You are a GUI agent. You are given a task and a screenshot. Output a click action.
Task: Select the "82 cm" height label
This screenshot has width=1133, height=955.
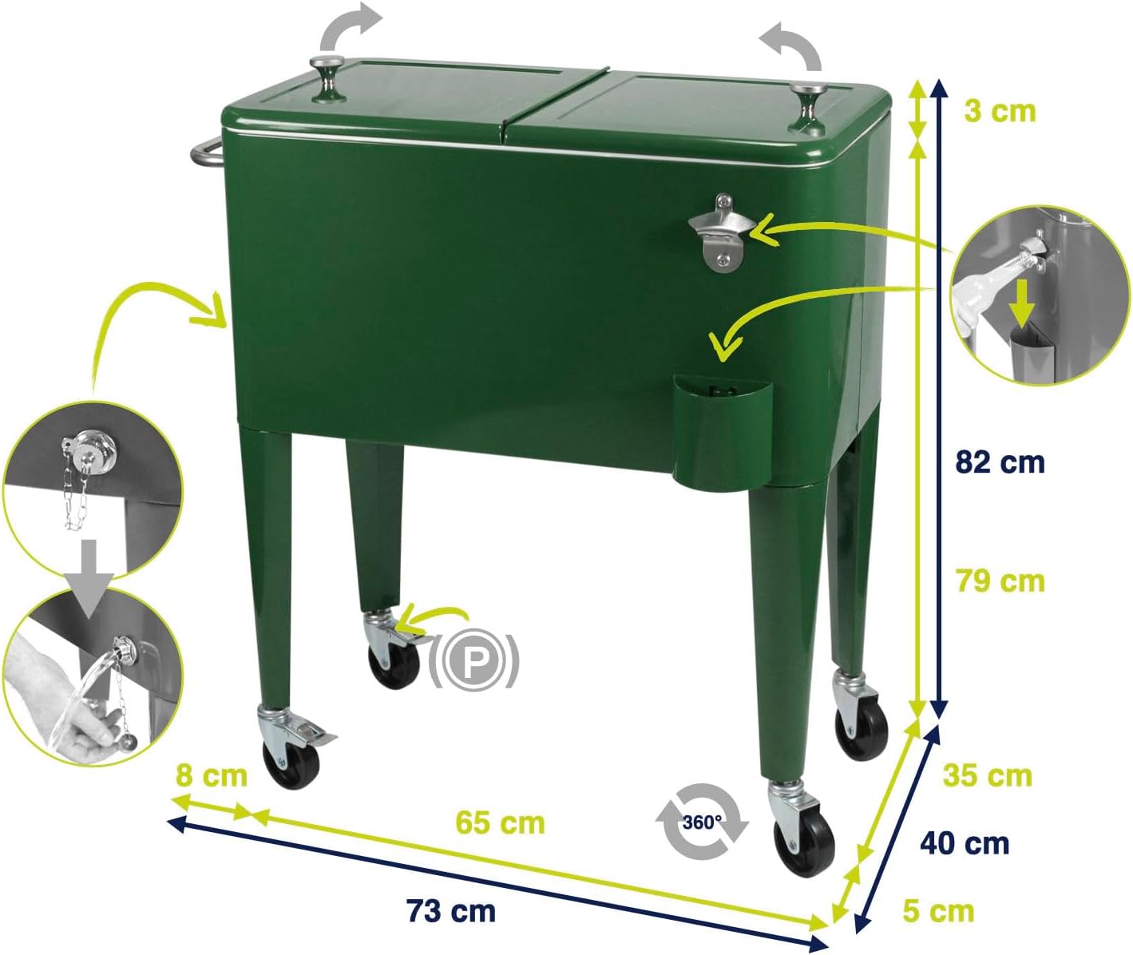coord(1000,462)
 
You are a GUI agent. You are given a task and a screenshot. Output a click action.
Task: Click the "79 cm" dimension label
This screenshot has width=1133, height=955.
coord(1000,581)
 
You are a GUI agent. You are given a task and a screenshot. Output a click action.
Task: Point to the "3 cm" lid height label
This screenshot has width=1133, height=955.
coord(1000,111)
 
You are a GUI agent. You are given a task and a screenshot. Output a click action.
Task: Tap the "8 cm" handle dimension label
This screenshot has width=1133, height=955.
coord(211,775)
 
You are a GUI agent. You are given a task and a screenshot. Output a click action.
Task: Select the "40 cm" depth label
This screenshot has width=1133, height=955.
coord(965,844)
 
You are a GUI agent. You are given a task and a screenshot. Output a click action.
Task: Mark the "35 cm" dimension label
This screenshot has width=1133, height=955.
coord(987,775)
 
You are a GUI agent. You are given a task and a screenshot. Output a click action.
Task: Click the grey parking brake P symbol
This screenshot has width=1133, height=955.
coord(473,660)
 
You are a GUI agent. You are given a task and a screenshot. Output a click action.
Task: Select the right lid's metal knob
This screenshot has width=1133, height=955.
coord(807,107)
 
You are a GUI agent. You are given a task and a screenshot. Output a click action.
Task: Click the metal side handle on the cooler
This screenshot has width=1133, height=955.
coord(206,152)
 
